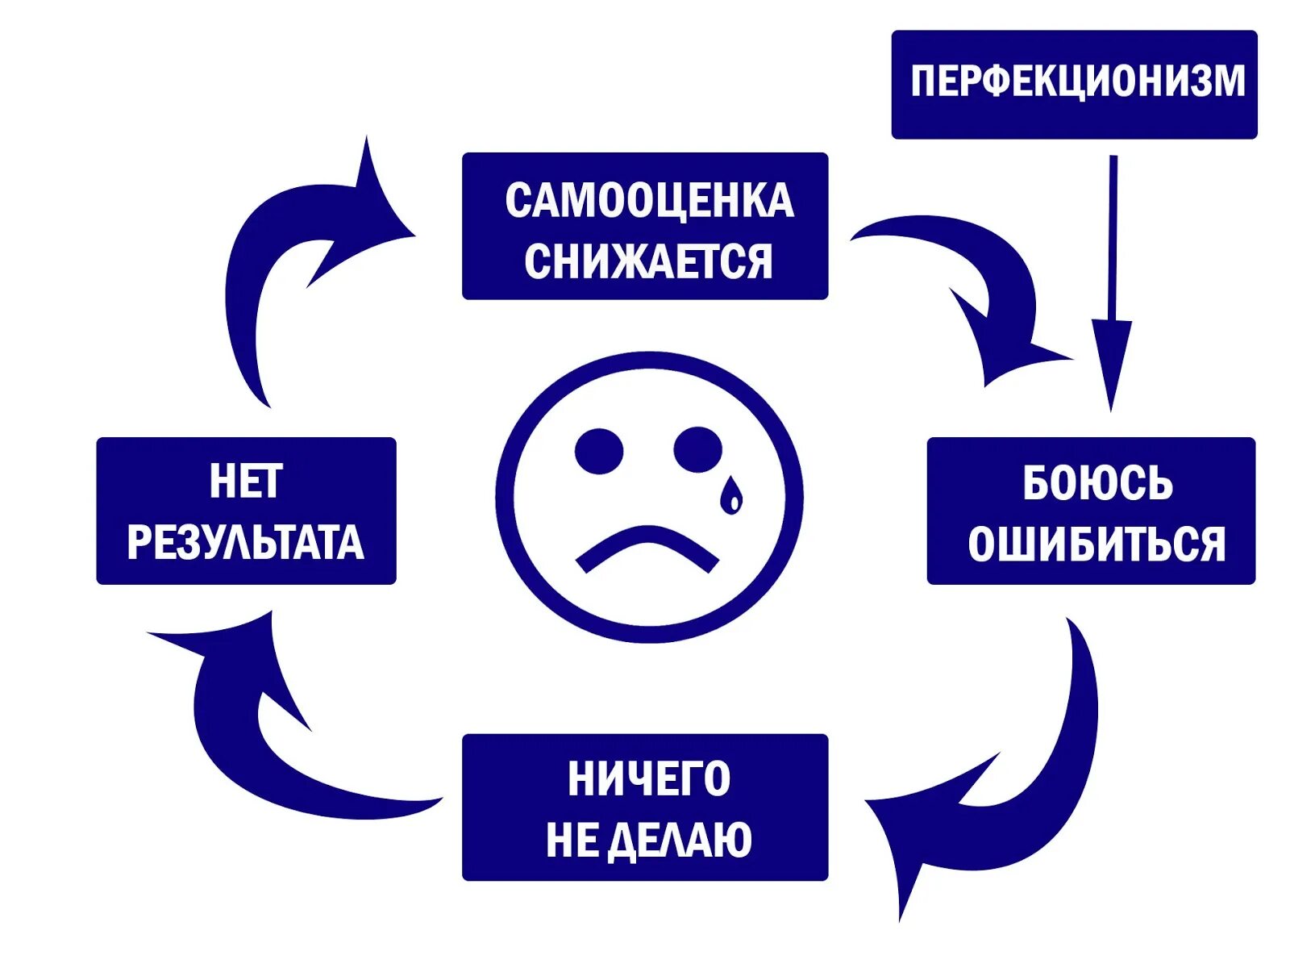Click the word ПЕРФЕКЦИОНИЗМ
tap(1078, 81)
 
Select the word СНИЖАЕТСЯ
tap(648, 261)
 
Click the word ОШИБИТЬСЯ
tap(1096, 544)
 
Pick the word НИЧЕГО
tap(649, 778)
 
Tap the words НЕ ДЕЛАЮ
tap(649, 840)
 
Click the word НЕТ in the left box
tap(246, 482)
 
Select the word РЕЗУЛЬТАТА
tap(245, 542)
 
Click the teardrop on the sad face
tap(731, 495)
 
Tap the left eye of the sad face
tap(599, 451)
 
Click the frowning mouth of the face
tap(647, 549)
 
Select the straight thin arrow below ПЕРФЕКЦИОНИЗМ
tap(1113, 242)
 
